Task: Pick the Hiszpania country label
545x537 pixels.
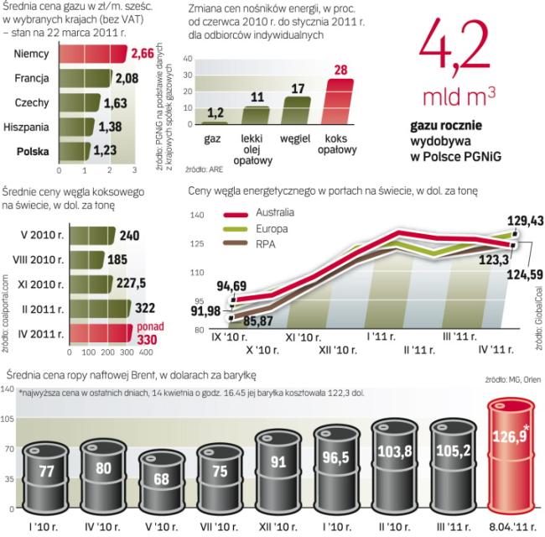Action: coord(28,128)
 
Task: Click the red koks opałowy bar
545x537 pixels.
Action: coord(339,102)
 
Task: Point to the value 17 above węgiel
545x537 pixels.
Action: coord(297,87)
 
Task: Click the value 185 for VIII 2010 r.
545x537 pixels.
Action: coord(128,259)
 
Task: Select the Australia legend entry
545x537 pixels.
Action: coord(261,214)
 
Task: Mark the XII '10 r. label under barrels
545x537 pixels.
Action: coord(277,527)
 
